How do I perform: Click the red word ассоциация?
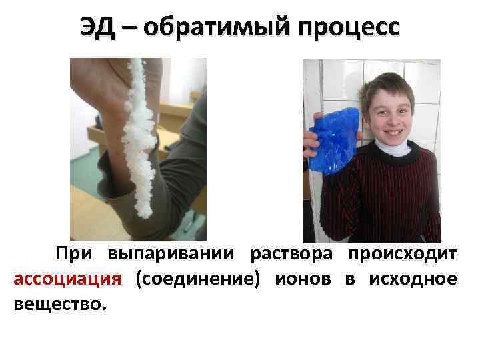pyautogui.click(x=67, y=279)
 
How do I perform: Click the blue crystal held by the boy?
pyautogui.click(x=333, y=140)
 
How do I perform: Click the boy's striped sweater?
pyautogui.click(x=400, y=200)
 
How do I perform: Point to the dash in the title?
pyautogui.click(x=129, y=28)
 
